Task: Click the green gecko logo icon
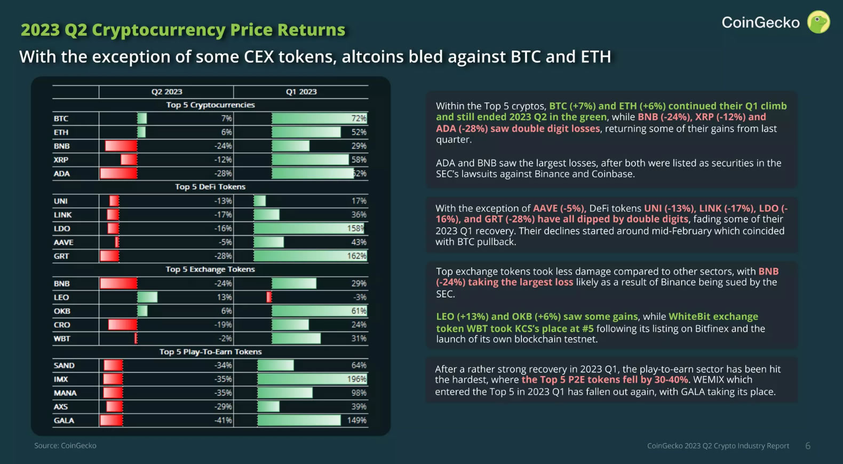[x=818, y=22]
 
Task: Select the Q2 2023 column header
[x=166, y=92]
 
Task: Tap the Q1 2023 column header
[x=301, y=92]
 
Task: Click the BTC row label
[x=61, y=119]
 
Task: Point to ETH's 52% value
[x=359, y=132]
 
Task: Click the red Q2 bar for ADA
[x=118, y=174]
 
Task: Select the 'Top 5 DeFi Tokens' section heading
[x=210, y=187]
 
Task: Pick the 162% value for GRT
[x=356, y=256]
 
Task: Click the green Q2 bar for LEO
[x=147, y=297]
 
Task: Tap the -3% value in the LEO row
[x=359, y=297]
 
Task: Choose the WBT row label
[x=62, y=339]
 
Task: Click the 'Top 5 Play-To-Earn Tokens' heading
[x=210, y=352]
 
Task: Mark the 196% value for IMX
[x=356, y=379]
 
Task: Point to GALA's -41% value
[x=223, y=421]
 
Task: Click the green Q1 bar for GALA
[x=299, y=421]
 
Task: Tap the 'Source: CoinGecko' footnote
[x=65, y=445]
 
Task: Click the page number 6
[x=808, y=446]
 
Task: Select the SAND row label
[x=64, y=366]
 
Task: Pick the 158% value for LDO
[x=355, y=229]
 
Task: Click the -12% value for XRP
[x=223, y=160]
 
